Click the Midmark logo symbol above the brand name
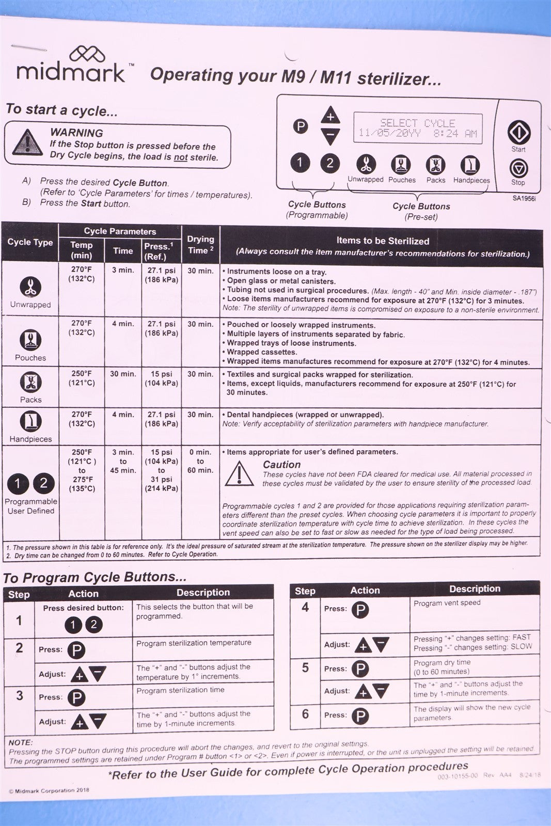point(87,54)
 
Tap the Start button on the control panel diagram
point(519,133)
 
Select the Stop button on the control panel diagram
point(518,169)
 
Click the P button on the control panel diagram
point(300,126)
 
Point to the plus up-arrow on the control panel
point(330,115)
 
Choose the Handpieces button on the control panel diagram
point(470,165)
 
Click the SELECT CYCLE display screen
point(418,129)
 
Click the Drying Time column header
point(200,245)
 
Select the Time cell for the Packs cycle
point(122,374)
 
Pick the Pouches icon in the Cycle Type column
point(30,340)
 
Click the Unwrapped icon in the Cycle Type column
point(30,287)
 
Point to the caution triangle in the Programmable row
point(239,474)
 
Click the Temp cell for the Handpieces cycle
point(82,419)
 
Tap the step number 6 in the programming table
point(305,714)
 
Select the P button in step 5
point(360,669)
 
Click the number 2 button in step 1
point(93,625)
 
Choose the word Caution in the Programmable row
point(281,465)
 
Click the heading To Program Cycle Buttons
point(95,577)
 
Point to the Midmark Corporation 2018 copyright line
point(49,790)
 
